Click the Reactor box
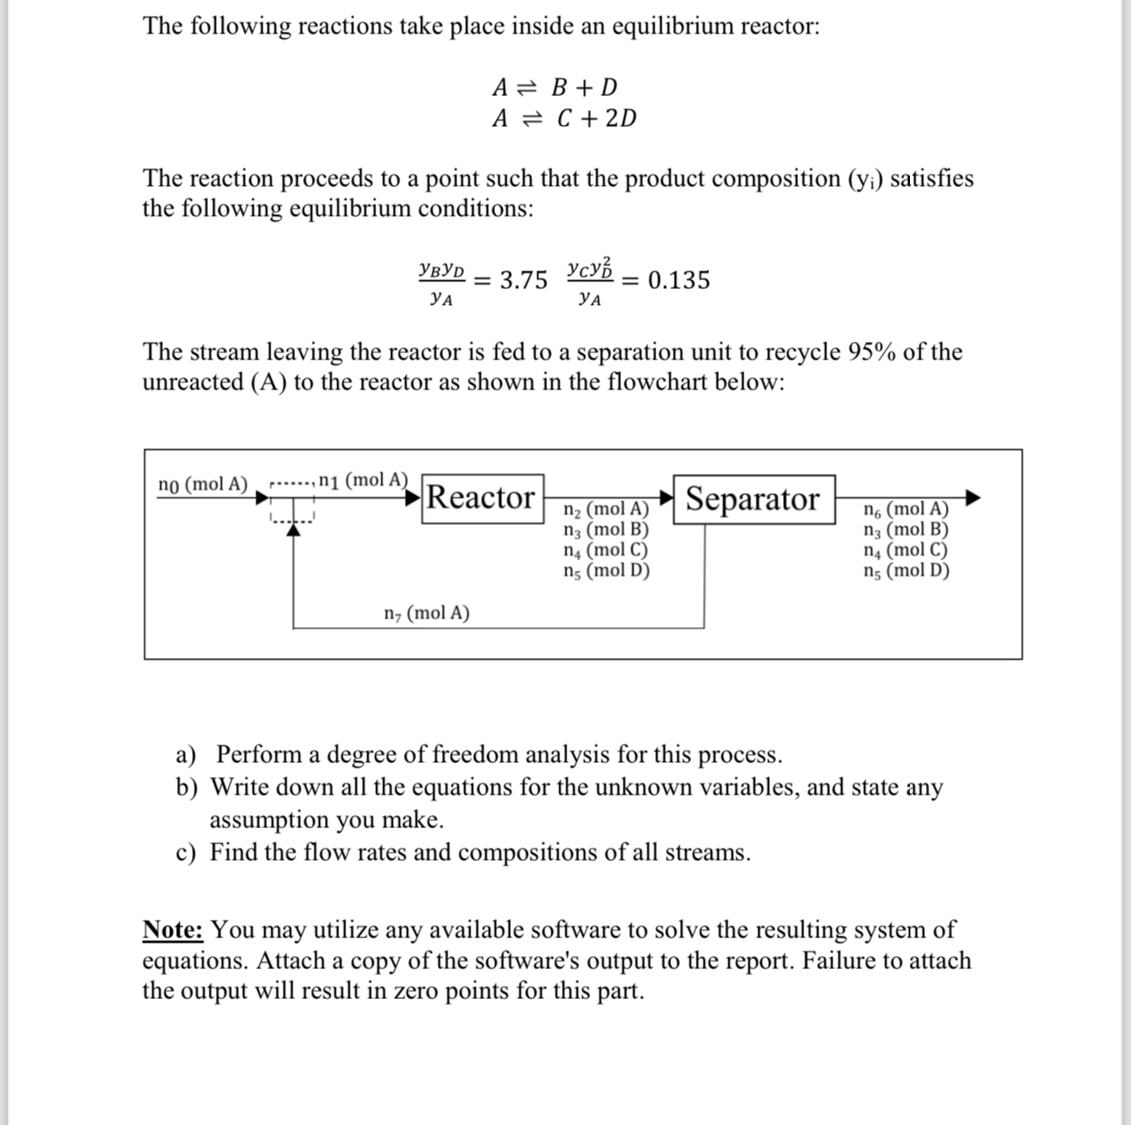tap(481, 499)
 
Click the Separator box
tap(753, 500)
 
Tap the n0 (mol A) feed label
tap(203, 485)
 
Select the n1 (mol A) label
tap(363, 480)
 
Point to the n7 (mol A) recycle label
tap(427, 613)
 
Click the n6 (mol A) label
tap(906, 509)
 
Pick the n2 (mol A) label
tap(605, 509)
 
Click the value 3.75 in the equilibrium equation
tap(523, 280)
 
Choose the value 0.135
tap(678, 280)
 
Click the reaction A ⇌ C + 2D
tap(564, 118)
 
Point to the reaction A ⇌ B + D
tap(555, 87)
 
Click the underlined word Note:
tap(174, 930)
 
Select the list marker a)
tap(186, 755)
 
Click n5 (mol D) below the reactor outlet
tap(606, 571)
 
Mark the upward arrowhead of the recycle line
tap(293, 530)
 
